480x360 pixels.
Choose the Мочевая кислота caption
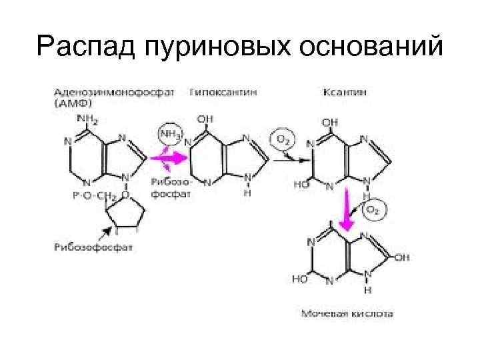tap(347, 312)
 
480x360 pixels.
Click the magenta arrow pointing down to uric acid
tap(347, 209)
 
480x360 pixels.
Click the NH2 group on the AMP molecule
tap(88, 120)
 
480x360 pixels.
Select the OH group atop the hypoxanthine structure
tap(206, 119)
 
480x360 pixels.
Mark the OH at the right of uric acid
tap(403, 255)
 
